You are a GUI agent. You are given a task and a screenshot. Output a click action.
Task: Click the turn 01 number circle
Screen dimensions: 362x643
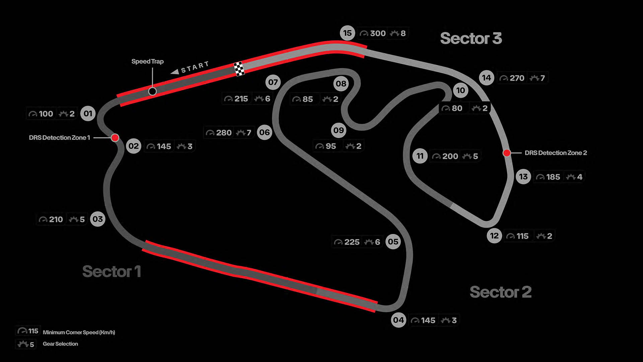coord(88,114)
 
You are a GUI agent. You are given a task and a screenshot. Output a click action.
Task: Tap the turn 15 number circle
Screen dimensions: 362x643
coord(347,33)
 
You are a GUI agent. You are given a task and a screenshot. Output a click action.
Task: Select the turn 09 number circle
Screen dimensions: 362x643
coord(338,130)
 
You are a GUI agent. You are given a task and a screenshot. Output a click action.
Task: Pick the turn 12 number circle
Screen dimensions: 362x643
coord(494,236)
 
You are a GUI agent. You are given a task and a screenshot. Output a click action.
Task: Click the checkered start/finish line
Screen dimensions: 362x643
coord(239,69)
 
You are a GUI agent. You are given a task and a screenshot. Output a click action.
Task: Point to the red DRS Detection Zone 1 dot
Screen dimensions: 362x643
coord(115,137)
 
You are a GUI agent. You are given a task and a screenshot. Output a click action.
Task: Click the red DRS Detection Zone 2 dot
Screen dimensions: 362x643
coord(507,153)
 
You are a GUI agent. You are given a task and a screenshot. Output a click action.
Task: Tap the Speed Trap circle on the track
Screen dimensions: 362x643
coord(152,91)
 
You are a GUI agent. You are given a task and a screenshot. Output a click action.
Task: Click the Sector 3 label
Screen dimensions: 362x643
coord(471,38)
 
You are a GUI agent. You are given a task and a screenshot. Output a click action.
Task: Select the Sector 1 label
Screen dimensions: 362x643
coord(112,271)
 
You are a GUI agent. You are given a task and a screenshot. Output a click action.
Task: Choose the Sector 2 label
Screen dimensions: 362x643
coord(500,292)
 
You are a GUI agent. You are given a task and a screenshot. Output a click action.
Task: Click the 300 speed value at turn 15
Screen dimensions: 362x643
coord(378,33)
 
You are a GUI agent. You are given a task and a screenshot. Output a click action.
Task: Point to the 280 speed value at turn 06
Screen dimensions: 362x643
coord(224,133)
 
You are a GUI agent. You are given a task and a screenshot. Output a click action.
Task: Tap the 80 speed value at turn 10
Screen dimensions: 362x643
coord(457,108)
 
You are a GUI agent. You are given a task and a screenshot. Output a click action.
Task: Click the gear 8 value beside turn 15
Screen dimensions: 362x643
coord(403,33)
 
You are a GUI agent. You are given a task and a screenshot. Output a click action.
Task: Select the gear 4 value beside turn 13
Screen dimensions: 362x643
coord(579,177)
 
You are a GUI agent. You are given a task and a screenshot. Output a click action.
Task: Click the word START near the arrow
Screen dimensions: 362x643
coord(195,67)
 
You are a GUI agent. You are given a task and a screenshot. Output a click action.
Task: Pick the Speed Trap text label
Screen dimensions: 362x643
coord(147,61)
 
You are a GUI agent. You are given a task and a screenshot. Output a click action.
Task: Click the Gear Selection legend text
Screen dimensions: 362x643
coord(60,344)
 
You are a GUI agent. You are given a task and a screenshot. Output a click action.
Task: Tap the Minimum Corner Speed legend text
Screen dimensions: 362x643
coord(79,332)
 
